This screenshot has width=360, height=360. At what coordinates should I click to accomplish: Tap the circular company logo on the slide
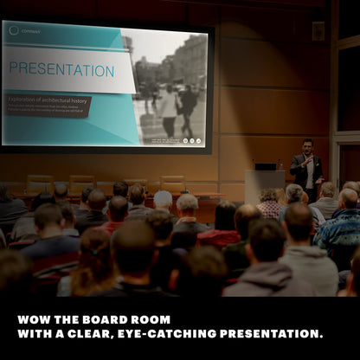[14, 30]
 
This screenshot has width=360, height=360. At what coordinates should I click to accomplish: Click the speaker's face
[307, 145]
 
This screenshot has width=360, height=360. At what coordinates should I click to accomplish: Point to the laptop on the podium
[266, 165]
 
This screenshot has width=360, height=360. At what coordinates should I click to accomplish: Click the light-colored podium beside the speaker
[264, 186]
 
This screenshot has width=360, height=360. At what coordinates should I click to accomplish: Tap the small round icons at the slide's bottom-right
[192, 139]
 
